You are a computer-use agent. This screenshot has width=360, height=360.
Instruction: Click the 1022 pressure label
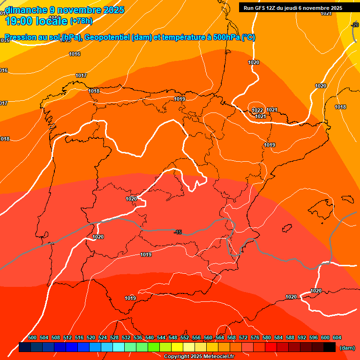(x=257, y=110)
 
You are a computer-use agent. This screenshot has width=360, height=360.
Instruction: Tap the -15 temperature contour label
(x=178, y=232)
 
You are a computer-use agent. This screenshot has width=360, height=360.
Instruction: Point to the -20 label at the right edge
(x=355, y=25)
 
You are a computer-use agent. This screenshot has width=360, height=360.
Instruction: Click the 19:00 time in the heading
(x=18, y=21)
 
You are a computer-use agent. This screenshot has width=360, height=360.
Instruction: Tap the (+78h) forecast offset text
(x=81, y=21)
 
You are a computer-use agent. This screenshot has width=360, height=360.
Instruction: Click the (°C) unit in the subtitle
(x=248, y=37)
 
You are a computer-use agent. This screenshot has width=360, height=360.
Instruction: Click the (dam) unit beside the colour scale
(x=347, y=348)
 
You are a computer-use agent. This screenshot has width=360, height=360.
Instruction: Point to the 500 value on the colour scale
(x=32, y=337)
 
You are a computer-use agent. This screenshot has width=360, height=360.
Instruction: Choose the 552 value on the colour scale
(x=185, y=337)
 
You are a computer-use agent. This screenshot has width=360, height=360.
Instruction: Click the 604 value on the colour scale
(x=337, y=337)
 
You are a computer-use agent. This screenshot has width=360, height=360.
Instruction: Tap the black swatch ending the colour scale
(x=330, y=347)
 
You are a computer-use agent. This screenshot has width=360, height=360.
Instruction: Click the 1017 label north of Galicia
(x=81, y=75)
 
